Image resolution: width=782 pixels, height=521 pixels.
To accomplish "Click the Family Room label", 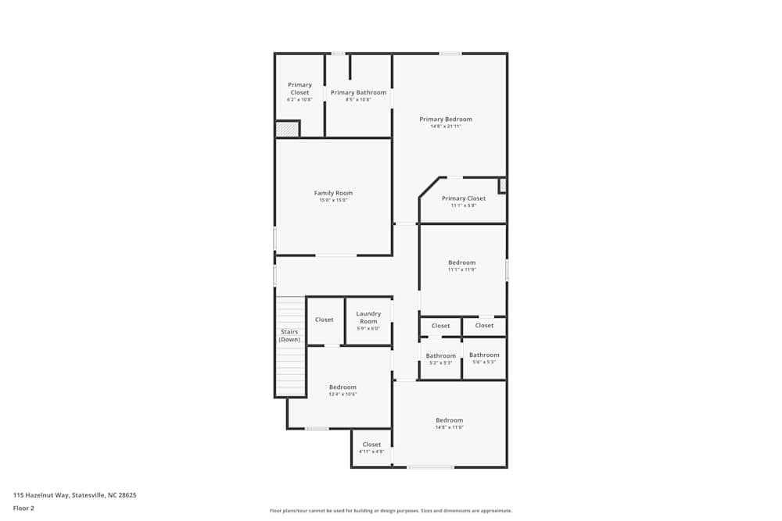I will click(333, 193).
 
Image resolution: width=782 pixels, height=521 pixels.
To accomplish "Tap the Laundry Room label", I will click(368, 317).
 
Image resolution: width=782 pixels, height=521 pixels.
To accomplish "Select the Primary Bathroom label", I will click(358, 93).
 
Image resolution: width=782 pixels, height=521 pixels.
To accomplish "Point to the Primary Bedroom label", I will click(446, 120).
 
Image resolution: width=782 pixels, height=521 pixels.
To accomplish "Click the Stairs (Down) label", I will click(289, 336).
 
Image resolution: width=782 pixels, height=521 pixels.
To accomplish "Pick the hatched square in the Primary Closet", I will click(287, 129).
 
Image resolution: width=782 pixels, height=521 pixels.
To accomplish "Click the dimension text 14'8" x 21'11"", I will click(446, 127).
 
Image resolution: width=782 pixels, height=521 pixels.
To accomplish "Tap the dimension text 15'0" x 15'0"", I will click(333, 201).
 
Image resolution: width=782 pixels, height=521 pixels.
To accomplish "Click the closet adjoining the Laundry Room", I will click(325, 319).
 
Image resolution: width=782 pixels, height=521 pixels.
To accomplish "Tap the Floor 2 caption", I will click(23, 508).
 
